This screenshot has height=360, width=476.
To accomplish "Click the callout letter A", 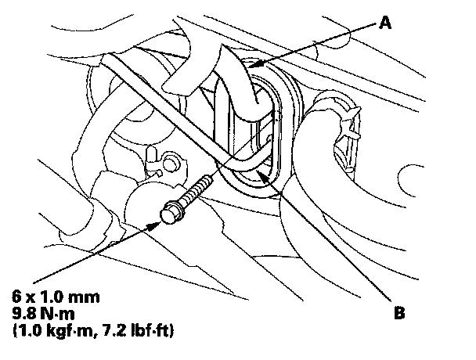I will click(384, 24).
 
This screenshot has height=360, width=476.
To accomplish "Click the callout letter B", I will click(400, 315).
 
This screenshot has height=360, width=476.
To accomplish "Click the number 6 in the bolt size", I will click(16, 297).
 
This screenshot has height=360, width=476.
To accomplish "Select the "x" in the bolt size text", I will click(31, 297).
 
